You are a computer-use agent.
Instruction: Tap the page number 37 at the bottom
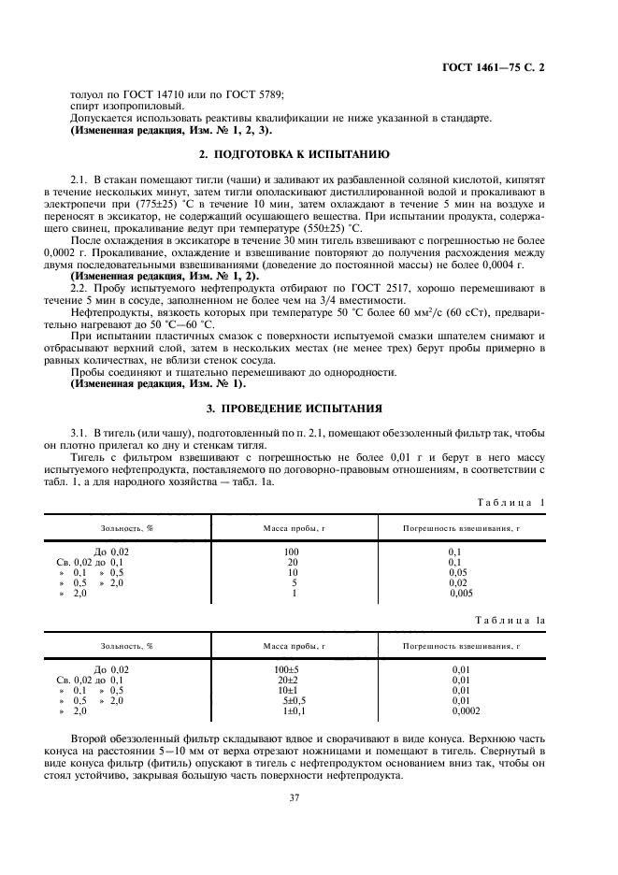(x=309, y=796)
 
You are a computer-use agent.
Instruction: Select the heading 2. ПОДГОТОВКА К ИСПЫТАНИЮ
(x=309, y=153)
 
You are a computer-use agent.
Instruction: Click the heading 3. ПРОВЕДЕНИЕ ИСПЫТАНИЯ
(x=309, y=408)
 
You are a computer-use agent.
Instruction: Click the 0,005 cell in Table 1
(x=462, y=593)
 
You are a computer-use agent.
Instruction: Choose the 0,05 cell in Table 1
(x=460, y=572)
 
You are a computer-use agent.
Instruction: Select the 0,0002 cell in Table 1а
(x=465, y=710)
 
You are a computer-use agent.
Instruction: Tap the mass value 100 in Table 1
(x=291, y=552)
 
